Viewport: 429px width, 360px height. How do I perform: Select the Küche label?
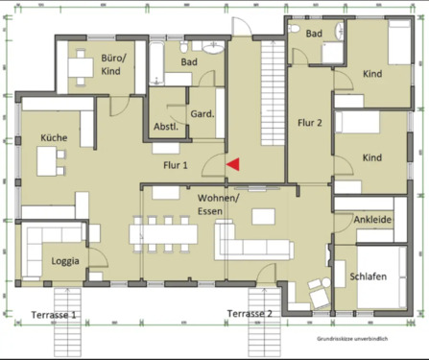pyautogui.click(x=53, y=138)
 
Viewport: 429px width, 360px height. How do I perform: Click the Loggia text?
pyautogui.click(x=65, y=260)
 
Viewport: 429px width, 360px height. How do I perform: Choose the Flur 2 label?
pyautogui.click(x=310, y=123)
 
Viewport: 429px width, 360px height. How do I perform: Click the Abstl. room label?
pyautogui.click(x=165, y=127)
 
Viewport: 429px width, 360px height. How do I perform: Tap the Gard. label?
pyautogui.click(x=202, y=114)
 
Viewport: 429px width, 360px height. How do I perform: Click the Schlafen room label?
pyautogui.click(x=369, y=276)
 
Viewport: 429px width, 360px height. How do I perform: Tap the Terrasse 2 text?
pyautogui.click(x=250, y=314)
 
